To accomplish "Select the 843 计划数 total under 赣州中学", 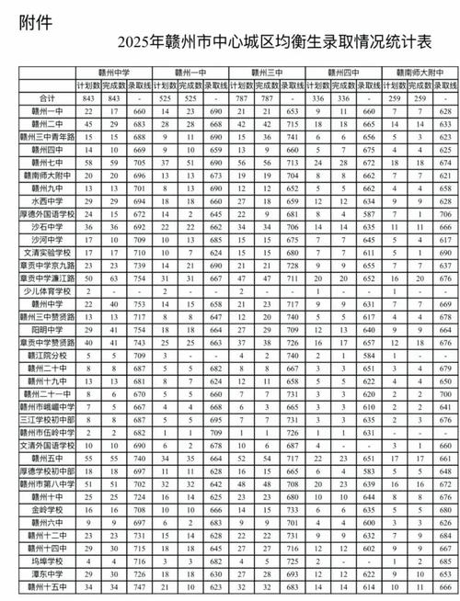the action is point(88,98).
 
